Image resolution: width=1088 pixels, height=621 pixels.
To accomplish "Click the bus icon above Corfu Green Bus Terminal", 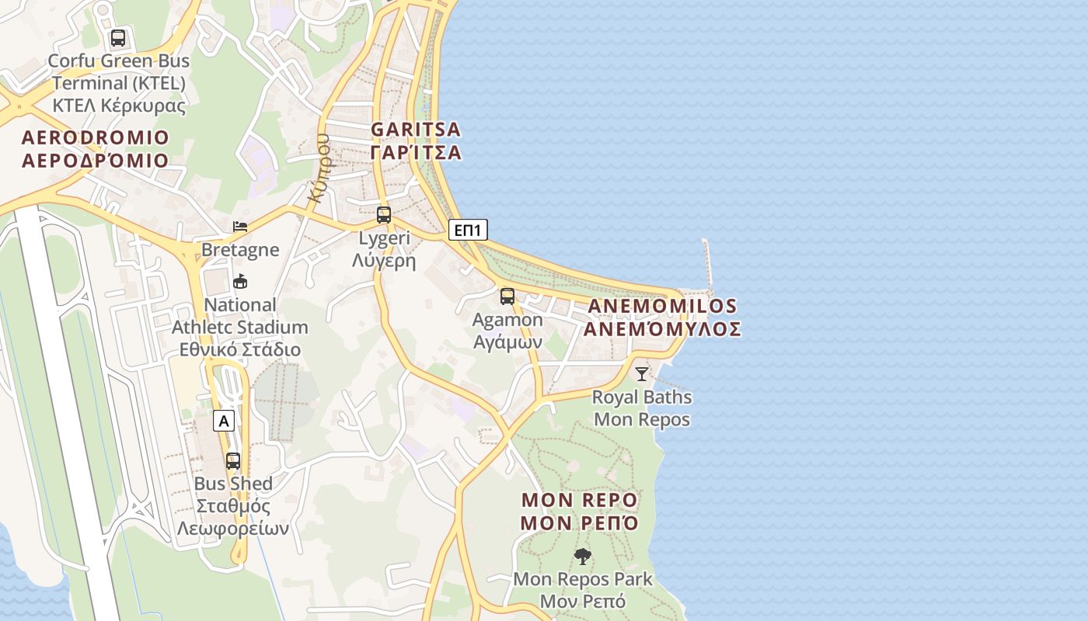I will (118, 37).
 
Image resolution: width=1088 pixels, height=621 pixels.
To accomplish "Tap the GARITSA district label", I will (416, 129).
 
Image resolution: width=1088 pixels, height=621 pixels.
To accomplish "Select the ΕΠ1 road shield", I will (469, 230).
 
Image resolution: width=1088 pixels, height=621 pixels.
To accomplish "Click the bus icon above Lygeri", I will (384, 215).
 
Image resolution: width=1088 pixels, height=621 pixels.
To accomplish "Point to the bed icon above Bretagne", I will (240, 227).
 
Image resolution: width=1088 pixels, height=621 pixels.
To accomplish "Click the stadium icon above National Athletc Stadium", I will (240, 282).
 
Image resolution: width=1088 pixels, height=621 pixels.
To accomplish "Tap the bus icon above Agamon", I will (507, 296).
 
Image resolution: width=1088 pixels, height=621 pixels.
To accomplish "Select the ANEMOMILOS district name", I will (662, 306).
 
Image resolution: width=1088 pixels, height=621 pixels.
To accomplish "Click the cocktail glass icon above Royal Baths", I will (642, 374).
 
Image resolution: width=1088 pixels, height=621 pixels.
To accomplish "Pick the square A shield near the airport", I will (224, 422).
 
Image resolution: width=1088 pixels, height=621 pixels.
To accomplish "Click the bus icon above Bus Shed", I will (233, 460).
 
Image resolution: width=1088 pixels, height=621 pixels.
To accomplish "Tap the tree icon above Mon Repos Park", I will (582, 556).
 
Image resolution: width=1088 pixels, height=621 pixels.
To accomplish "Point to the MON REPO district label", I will (579, 499).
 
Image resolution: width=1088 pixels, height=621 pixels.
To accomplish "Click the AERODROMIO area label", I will (96, 138).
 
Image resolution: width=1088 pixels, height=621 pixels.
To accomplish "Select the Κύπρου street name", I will (319, 168).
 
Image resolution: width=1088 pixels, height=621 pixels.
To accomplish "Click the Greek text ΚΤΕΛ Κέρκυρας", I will (119, 106).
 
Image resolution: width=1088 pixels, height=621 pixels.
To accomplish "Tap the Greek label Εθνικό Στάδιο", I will (240, 349).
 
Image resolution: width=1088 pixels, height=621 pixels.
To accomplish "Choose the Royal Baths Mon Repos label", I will (642, 408).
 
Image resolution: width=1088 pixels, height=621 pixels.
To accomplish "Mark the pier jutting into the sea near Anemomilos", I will (707, 264).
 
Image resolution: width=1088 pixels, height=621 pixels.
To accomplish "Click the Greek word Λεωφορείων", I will (233, 529).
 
